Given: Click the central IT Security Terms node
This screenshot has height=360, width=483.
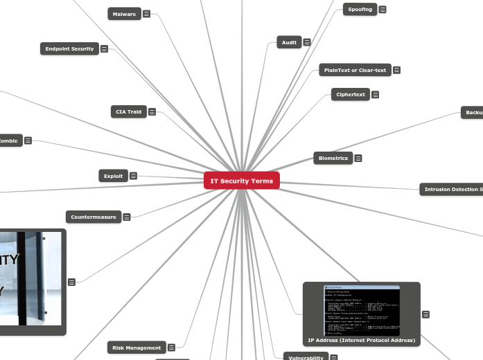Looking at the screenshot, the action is point(242,181).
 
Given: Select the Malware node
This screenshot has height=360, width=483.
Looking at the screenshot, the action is point(125,14).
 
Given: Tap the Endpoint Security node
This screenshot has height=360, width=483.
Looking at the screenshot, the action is point(69,48).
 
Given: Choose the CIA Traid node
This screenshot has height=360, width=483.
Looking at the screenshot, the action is point(128,111).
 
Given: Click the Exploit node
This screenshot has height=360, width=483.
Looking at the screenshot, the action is point(113,176).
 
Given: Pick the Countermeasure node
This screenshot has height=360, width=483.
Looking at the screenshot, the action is point(94,217).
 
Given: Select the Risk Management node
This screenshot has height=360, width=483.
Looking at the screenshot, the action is point(136,347).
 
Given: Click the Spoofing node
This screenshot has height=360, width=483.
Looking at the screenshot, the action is point(360,9).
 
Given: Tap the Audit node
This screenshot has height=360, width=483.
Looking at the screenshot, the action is point(289,42).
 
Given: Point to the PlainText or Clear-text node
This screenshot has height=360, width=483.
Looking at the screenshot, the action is point(355,70).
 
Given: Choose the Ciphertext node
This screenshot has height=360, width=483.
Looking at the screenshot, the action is point(350,94).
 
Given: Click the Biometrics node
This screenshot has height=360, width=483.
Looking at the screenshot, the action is point(333,158).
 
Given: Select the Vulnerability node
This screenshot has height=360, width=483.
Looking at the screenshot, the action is point(304,357).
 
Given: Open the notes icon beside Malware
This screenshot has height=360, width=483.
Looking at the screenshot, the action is point(147,14).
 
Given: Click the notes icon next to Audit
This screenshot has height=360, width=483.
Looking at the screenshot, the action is point(306,42).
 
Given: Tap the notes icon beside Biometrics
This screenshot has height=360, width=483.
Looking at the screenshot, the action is point(358,158).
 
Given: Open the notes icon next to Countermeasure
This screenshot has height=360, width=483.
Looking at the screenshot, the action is point(127,217).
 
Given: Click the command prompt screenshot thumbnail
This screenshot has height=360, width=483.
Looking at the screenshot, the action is point(361,309).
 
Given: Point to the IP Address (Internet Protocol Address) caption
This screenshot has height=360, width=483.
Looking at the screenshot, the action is point(361,340).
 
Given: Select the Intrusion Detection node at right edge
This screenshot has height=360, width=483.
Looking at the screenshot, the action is point(452,189).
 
